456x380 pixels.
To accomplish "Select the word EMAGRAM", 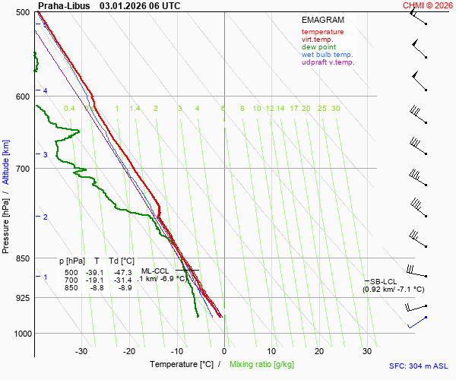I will [322, 20].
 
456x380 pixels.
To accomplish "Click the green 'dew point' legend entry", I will [318, 47].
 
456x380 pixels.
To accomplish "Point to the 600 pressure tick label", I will [21, 96].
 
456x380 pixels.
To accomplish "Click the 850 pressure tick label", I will [21, 258].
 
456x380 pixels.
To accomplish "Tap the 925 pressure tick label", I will [21, 297].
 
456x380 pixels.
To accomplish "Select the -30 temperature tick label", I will [81, 351].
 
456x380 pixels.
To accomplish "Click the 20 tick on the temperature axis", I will [319, 351].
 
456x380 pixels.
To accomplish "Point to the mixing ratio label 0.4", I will [69, 109].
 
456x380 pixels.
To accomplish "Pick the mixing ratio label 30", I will [336, 109].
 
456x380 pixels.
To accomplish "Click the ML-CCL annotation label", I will [155, 271].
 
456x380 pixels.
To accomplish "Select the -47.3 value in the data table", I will [123, 272].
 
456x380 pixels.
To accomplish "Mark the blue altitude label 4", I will [46, 91].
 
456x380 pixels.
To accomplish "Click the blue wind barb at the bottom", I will [417, 322].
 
